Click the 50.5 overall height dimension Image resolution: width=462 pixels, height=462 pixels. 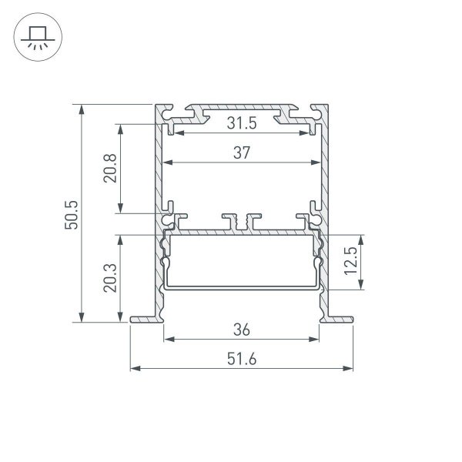pos(72,213)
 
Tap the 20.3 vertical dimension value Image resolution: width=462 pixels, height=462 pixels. pos(109,278)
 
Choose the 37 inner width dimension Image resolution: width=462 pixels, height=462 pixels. pos(242,153)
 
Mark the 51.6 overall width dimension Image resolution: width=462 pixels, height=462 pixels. pos(242,359)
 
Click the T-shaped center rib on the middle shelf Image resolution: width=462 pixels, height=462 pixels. pos(242,222)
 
